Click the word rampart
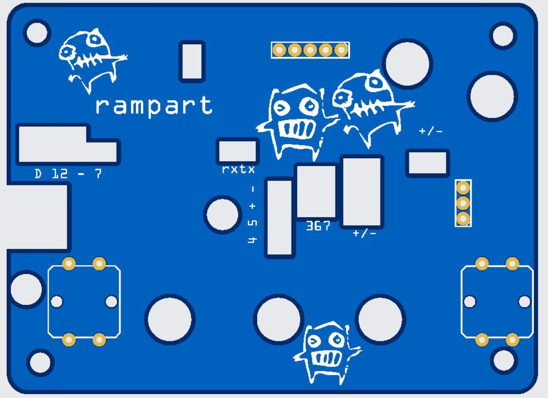(154, 106)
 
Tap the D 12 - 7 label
(68, 174)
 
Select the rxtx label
(238, 169)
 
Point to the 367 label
(318, 226)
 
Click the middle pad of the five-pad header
(310, 50)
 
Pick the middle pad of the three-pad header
(463, 203)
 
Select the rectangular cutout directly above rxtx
(237, 151)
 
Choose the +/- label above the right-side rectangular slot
(430, 131)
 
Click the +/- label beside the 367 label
(365, 233)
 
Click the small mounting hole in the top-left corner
(37, 33)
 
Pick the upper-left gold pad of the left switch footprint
(69, 263)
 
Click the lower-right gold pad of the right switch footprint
(512, 340)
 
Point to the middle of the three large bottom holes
(279, 319)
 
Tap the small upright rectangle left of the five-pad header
(192, 61)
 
